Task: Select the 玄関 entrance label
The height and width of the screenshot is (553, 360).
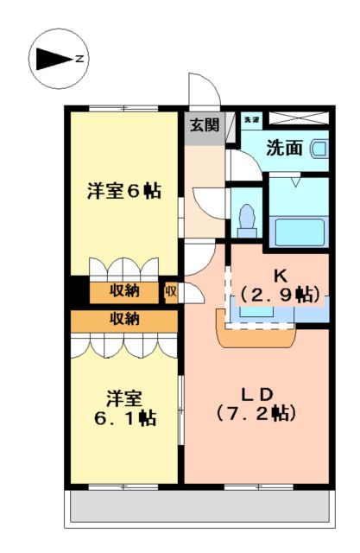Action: (204, 124)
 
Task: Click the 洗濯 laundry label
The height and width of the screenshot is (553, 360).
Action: (251, 118)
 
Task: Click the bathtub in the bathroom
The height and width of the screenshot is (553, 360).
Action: (298, 232)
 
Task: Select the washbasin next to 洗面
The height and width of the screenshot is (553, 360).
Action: (319, 149)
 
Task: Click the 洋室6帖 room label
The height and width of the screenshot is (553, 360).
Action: (124, 191)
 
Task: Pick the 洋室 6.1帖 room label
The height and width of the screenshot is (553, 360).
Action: (125, 408)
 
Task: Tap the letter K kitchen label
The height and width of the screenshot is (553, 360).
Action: (280, 276)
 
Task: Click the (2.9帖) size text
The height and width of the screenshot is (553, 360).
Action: (280, 294)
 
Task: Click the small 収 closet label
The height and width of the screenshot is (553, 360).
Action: (170, 291)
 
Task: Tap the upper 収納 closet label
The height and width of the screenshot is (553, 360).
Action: (125, 291)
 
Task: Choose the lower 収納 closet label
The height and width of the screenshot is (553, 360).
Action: (125, 319)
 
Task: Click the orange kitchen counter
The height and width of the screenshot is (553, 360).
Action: (255, 334)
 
